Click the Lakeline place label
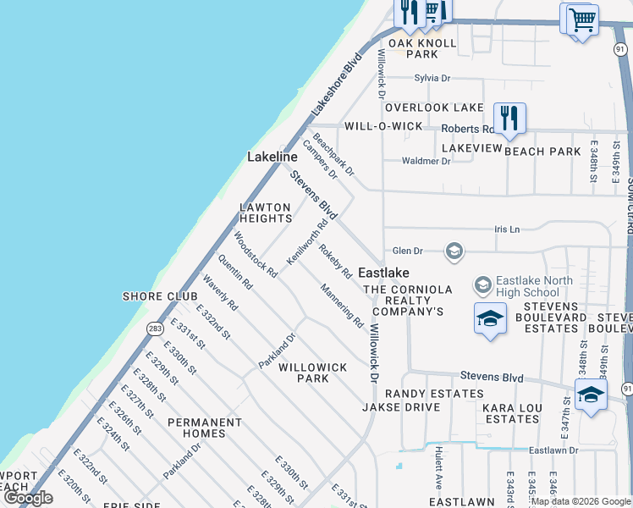(x=272, y=157)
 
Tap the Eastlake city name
(x=383, y=273)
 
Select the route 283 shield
(x=154, y=328)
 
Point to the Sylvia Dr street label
(x=432, y=78)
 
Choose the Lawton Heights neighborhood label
(x=265, y=213)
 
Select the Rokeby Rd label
(x=336, y=262)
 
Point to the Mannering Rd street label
(x=342, y=306)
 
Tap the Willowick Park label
(x=313, y=373)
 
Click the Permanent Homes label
(x=205, y=428)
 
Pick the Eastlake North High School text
(x=534, y=286)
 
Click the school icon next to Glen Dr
(x=454, y=251)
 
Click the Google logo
(x=28, y=498)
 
